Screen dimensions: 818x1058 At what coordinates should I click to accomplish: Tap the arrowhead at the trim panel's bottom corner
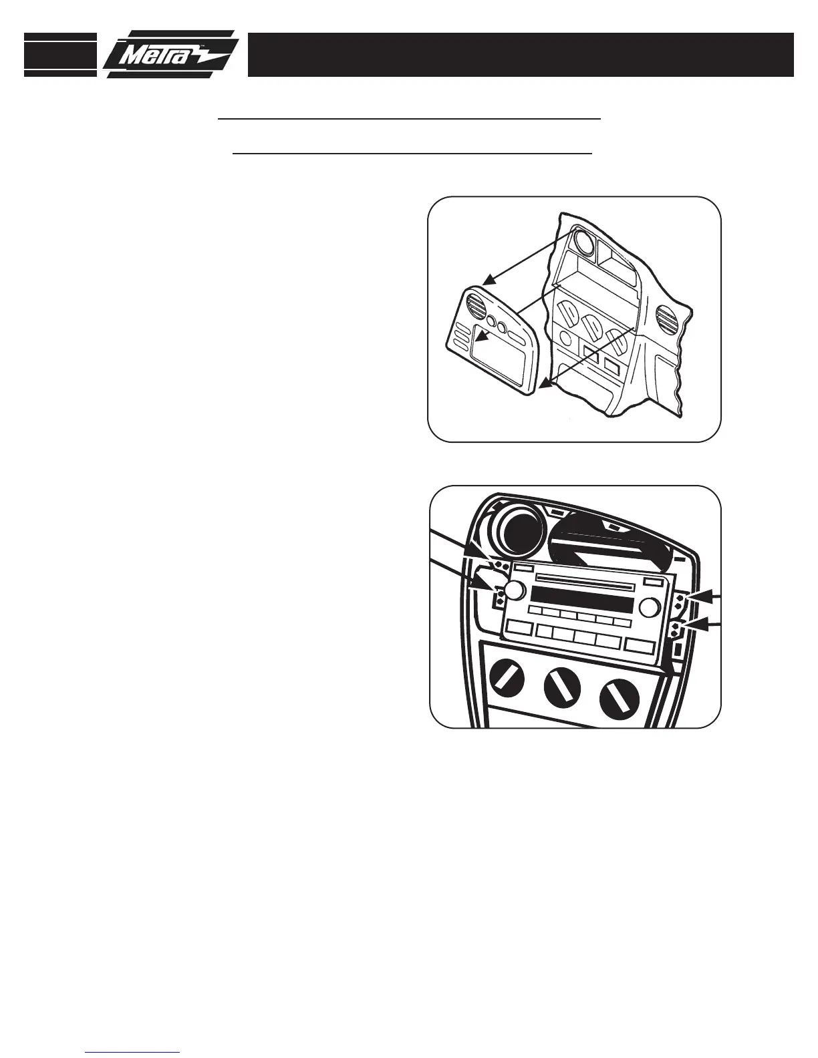[x=547, y=384]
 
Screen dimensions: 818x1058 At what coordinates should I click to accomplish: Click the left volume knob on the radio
[x=514, y=590]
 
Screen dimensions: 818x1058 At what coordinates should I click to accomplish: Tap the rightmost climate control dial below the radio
[x=620, y=698]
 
